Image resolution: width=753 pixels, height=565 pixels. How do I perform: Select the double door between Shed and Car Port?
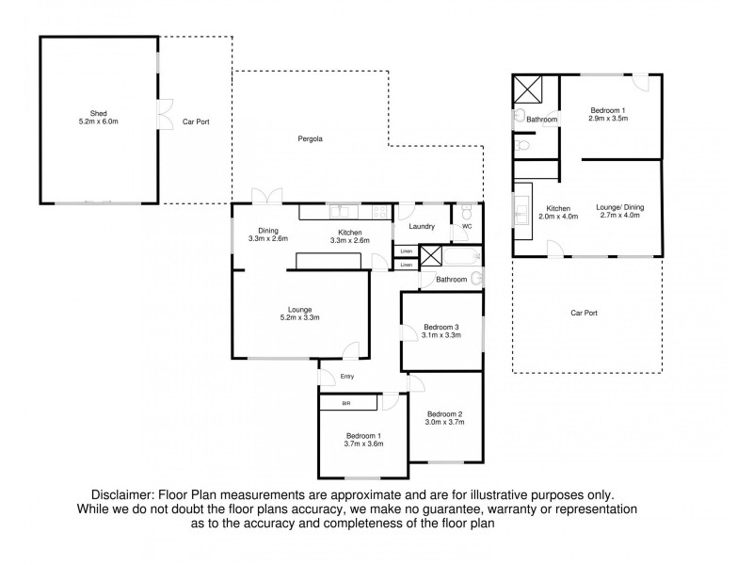pyautogui.click(x=165, y=115)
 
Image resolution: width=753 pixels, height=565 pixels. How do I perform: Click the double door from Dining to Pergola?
pyautogui.click(x=266, y=196)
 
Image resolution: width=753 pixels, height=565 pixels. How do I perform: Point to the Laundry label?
pyautogui.click(x=422, y=226)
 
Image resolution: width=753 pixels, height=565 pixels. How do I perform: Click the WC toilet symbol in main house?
pyautogui.click(x=469, y=215)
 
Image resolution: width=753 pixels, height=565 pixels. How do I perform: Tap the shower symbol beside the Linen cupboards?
pyautogui.click(x=431, y=255)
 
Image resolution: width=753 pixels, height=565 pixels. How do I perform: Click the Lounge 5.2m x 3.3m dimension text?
pyautogui.click(x=299, y=317)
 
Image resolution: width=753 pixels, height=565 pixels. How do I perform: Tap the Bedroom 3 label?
pyautogui.click(x=441, y=326)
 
